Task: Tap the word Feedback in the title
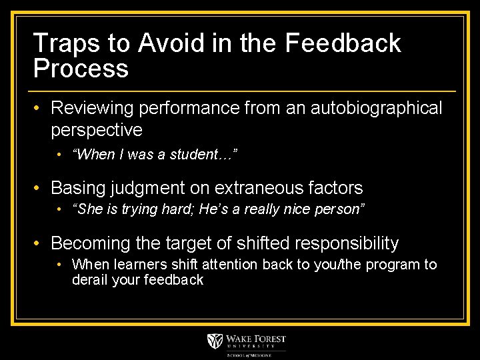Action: click(x=343, y=43)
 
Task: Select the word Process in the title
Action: click(x=81, y=69)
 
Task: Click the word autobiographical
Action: click(x=377, y=108)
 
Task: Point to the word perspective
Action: click(x=97, y=129)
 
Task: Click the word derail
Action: click(x=89, y=280)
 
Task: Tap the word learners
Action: click(x=131, y=265)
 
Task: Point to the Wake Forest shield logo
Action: click(x=216, y=342)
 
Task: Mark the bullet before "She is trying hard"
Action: click(x=59, y=209)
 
